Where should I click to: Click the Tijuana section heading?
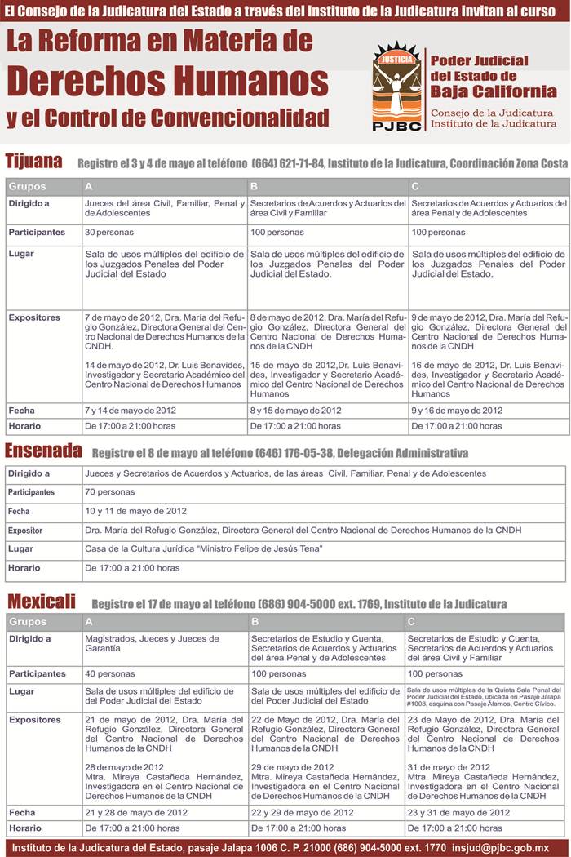(33, 161)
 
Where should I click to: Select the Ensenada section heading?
(43, 451)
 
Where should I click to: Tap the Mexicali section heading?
(42, 602)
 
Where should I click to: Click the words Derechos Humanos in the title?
(168, 80)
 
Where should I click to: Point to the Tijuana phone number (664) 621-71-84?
(289, 163)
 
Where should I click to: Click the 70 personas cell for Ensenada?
(110, 492)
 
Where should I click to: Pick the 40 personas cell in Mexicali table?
(110, 674)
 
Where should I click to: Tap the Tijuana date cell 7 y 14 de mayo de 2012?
(131, 411)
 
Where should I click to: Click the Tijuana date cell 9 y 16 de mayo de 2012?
(457, 411)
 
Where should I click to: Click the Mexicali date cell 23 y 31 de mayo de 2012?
(458, 813)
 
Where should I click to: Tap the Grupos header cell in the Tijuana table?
(28, 186)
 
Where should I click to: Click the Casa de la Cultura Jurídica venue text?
(204, 548)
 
